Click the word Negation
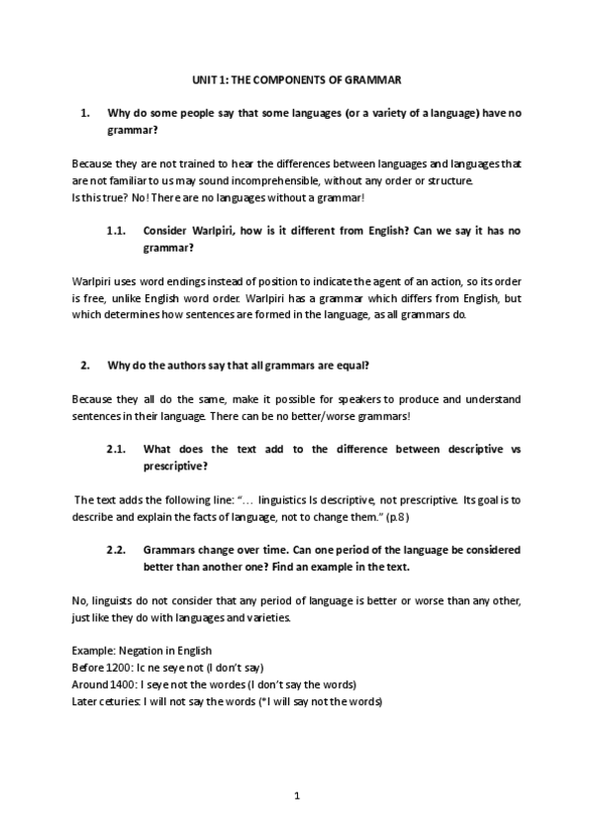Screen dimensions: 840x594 tap(141, 651)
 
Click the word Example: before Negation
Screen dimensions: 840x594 tap(94, 651)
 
